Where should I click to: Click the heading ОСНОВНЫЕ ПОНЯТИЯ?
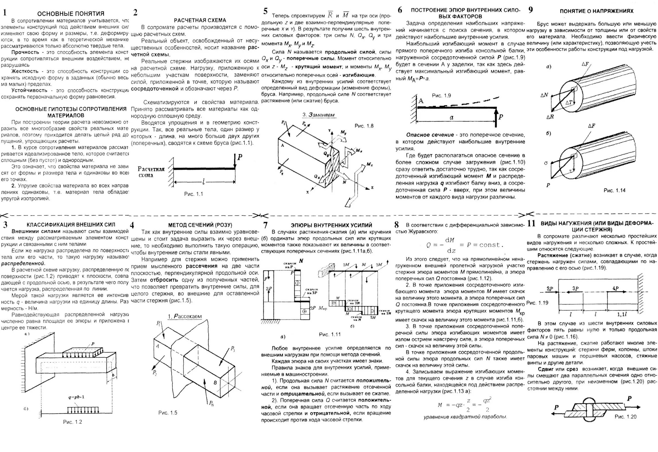coord(71,14)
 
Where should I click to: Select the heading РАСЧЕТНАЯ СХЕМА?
coord(200,20)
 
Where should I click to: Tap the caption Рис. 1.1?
coord(193,194)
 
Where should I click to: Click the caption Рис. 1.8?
coord(364,126)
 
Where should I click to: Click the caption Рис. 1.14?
coord(614,190)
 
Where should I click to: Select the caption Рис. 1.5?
coord(168,413)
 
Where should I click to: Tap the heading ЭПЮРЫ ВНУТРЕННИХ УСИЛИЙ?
coord(331,225)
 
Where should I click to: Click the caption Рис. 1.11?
coord(330,335)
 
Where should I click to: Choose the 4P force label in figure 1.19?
coord(615,288)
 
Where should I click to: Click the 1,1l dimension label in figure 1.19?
coord(622,315)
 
